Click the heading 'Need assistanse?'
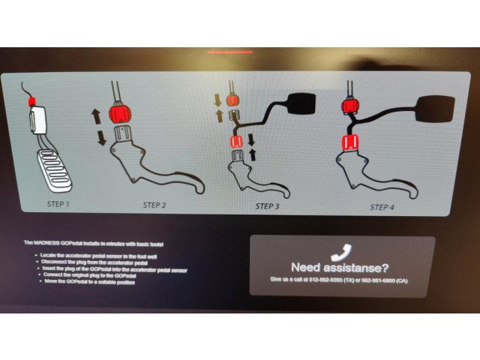click(x=340, y=266)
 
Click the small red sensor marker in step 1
click(x=31, y=100)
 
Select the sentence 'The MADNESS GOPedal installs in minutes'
click(x=93, y=244)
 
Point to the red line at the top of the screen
click(x=230, y=52)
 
